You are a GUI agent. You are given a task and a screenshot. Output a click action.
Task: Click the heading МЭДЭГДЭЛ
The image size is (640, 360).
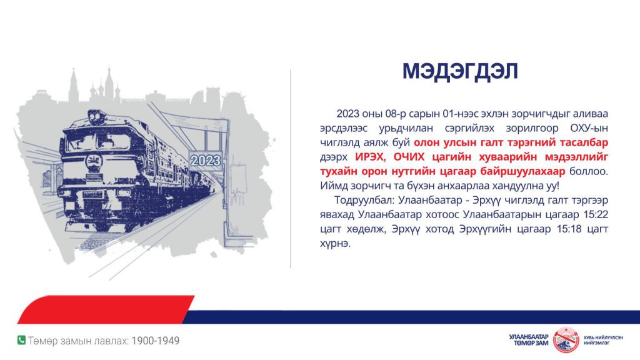click(460, 71)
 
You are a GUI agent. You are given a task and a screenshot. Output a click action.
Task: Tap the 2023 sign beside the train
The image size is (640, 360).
click(205, 161)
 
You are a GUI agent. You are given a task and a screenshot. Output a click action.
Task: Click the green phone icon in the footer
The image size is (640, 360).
click(21, 340)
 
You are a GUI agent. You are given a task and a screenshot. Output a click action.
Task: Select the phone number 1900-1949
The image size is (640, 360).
click(156, 341)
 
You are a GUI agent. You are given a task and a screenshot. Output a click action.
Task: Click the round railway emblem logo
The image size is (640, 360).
click(566, 340)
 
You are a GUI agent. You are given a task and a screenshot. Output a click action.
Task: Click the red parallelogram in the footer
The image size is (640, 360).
click(106, 309)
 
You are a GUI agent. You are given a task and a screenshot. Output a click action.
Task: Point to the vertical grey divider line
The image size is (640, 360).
click(291, 169)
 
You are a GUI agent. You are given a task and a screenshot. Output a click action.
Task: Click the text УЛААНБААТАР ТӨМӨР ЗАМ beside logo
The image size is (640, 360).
click(529, 340)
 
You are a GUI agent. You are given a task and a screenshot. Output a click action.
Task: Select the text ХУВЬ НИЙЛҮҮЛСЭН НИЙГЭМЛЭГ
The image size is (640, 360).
click(603, 341)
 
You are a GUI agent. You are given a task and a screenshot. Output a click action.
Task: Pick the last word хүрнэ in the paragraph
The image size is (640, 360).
click(335, 244)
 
